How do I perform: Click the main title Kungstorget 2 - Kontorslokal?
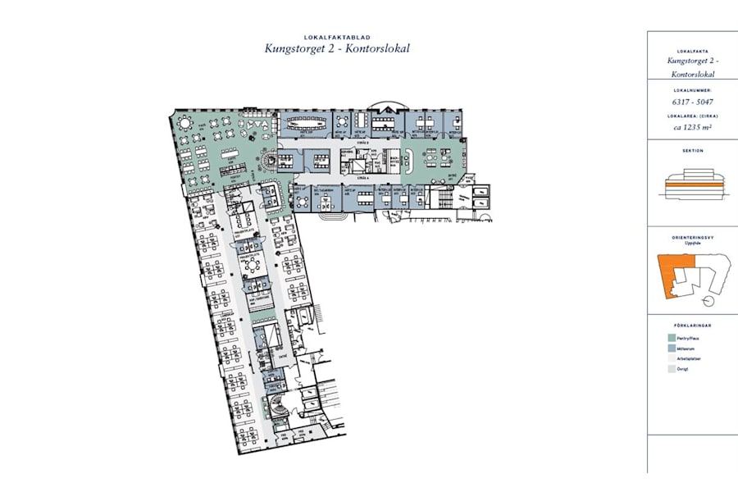coord(337,48)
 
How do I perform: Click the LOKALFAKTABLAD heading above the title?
coord(337,37)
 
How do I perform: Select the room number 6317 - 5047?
coord(692,102)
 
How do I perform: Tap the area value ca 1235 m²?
coord(692,128)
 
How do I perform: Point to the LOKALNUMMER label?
coord(692,90)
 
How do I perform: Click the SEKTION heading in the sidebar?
coord(692,151)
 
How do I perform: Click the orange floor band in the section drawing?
coord(692,188)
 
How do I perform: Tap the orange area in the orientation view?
coord(673,270)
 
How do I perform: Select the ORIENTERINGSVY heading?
coord(692,237)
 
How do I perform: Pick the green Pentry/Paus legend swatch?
coord(669,336)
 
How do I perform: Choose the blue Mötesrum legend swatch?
coord(669,348)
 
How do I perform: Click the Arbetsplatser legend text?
coord(689,359)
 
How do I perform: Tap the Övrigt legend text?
coord(682,370)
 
